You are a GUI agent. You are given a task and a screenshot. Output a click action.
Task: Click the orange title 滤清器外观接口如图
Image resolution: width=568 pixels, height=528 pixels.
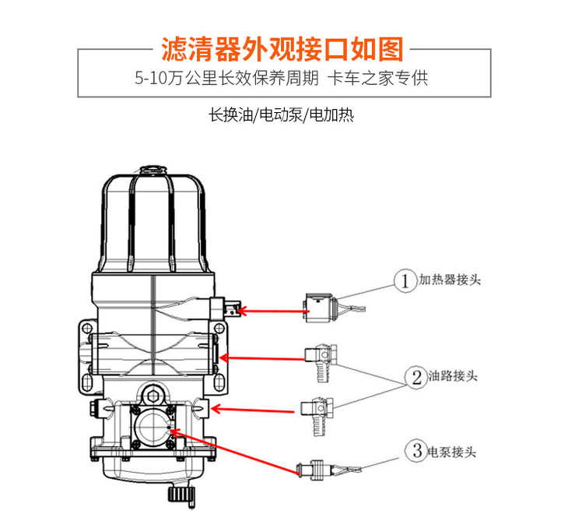coord(282,49)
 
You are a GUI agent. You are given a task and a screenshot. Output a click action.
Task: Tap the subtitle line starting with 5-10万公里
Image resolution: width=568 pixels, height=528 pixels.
coord(282,78)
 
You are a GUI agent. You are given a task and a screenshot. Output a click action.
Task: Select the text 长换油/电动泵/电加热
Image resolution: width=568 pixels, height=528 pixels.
coord(281,115)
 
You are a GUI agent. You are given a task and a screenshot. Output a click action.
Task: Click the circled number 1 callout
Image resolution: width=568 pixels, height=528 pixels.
coord(405,280)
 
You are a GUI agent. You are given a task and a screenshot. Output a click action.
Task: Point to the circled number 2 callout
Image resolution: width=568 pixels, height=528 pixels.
coord(416,377)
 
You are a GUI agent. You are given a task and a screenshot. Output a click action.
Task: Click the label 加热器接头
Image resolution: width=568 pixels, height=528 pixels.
coord(450,280)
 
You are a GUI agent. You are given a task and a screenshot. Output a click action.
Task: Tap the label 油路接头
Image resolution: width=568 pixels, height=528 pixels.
coord(453,375)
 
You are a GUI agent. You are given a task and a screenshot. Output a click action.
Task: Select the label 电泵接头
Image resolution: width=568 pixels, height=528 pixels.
coord(452,452)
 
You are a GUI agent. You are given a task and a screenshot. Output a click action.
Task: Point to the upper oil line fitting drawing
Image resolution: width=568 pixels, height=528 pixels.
coord(321,362)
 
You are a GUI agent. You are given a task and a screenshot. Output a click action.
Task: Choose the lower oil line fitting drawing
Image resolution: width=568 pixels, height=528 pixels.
coord(317,416)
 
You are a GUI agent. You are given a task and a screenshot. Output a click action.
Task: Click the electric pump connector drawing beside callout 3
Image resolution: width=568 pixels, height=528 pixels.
coord(328,470)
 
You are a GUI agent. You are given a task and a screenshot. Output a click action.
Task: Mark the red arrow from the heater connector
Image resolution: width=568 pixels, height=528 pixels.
coord(273,311)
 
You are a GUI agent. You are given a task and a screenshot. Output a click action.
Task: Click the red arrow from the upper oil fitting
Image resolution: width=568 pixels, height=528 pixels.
coord(263,359)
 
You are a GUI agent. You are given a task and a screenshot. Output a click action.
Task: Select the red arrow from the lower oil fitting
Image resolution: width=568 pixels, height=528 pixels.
coord(252,410)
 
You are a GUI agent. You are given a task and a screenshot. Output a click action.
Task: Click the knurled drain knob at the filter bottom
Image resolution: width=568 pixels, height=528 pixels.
coord(181,495)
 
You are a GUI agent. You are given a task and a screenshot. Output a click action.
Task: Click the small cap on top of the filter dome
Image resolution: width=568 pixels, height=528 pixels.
coord(153,170)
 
